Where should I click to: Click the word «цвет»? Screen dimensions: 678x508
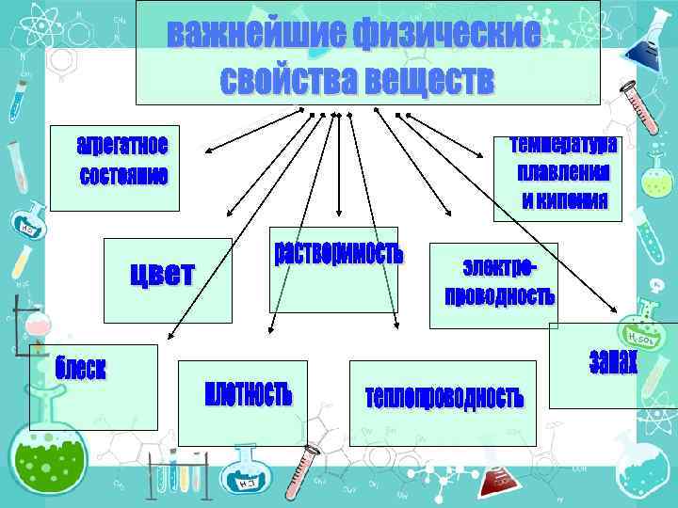[x=161, y=274]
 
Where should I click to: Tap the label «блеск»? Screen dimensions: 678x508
[x=80, y=368]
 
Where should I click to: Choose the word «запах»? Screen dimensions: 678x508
[x=613, y=361]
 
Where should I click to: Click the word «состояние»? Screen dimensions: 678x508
[x=123, y=176]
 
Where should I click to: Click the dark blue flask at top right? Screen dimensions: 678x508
[x=650, y=33]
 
